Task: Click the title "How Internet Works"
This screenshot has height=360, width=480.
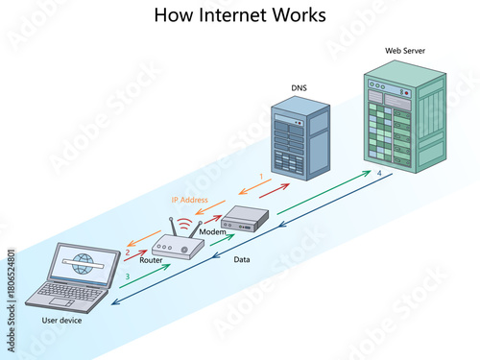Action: [240, 15]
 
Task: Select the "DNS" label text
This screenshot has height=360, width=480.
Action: [300, 88]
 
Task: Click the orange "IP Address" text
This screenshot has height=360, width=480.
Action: [189, 200]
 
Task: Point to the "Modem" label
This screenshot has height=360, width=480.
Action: [212, 232]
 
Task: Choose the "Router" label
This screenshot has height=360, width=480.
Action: [151, 260]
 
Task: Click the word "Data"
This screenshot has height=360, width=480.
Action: [244, 259]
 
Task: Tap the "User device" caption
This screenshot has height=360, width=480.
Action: [61, 321]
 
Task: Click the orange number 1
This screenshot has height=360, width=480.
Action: [260, 177]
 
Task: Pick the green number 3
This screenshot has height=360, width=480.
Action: [127, 276]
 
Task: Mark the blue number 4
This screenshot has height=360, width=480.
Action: [379, 172]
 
